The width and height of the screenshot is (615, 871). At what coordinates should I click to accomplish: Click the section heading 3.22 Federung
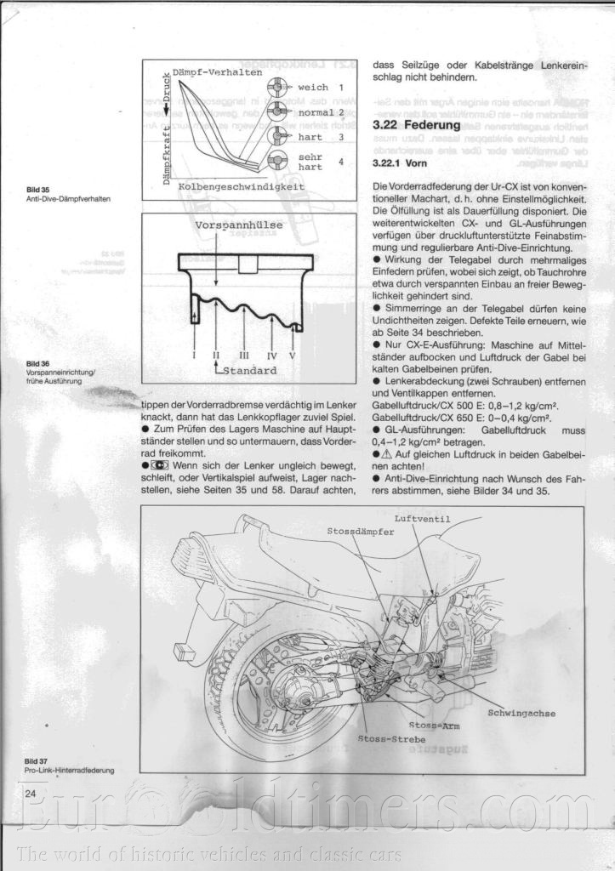pyautogui.click(x=416, y=125)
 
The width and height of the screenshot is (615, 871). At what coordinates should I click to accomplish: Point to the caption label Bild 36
pyautogui.click(x=37, y=364)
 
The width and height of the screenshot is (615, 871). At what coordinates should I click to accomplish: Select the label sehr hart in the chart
pyautogui.click(x=310, y=162)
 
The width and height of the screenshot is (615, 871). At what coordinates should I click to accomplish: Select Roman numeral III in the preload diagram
pyautogui.click(x=244, y=356)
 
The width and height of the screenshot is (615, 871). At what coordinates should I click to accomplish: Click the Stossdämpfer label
pyautogui.click(x=361, y=531)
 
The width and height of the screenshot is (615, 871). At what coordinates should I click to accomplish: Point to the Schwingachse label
pyautogui.click(x=521, y=712)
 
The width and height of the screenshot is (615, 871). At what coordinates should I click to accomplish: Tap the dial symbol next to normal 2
pyautogui.click(x=276, y=111)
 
